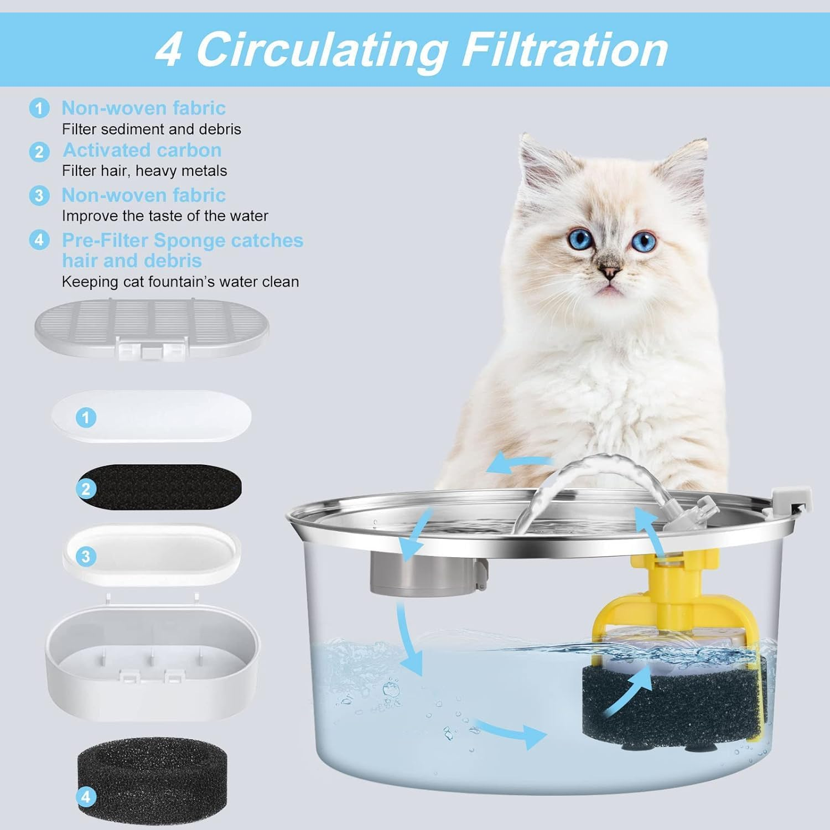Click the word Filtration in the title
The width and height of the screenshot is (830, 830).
(564, 50)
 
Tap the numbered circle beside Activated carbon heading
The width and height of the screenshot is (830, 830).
(39, 152)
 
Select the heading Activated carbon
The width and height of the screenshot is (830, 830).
(142, 150)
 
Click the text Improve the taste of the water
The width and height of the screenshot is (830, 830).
(165, 216)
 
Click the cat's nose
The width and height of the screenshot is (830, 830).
(610, 271)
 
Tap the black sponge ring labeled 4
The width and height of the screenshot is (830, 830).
(138, 775)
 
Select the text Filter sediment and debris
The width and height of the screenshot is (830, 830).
(151, 129)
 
